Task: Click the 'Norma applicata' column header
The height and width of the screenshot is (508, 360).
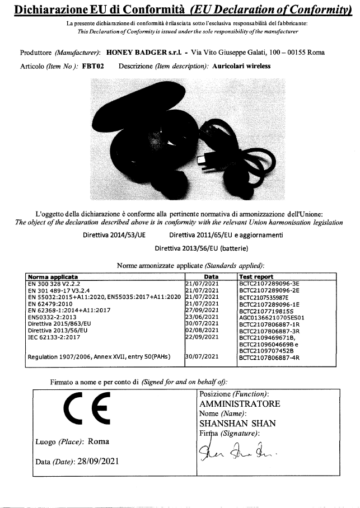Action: (53, 276)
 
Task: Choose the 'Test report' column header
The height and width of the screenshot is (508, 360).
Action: (256, 276)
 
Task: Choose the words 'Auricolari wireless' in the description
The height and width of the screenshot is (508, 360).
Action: (242, 65)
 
